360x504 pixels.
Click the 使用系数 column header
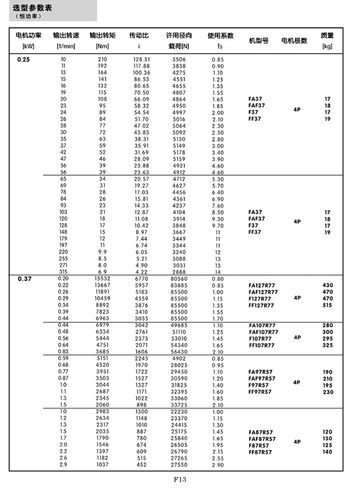pyautogui.click(x=220, y=35)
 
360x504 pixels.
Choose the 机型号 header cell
pyautogui.click(x=259, y=40)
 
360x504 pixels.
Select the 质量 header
pyautogui.click(x=327, y=35)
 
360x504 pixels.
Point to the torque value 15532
pyautogui.click(x=102, y=278)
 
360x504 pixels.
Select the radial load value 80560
pyautogui.click(x=179, y=278)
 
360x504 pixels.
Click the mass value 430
pyautogui.click(x=327, y=285)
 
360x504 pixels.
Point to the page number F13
pyautogui.click(x=179, y=480)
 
